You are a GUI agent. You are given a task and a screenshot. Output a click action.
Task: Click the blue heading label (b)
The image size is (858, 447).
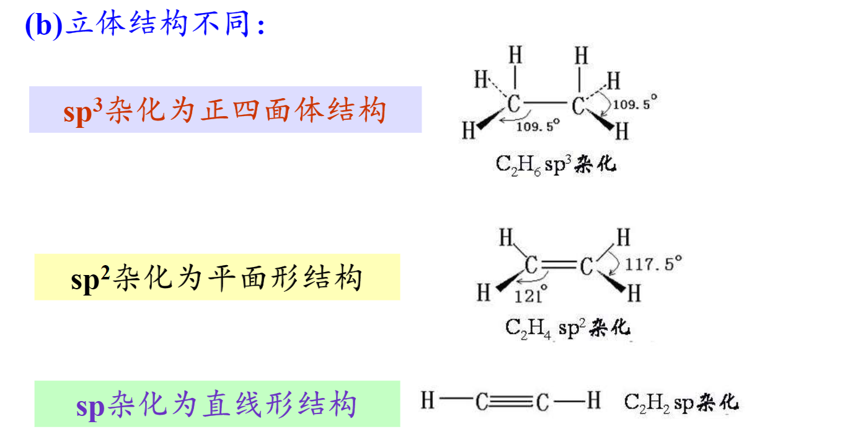(x=43, y=25)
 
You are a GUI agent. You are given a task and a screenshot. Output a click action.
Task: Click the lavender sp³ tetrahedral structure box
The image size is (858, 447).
(x=225, y=109)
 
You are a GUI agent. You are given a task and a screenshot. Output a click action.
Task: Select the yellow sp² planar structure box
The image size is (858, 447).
(x=217, y=277)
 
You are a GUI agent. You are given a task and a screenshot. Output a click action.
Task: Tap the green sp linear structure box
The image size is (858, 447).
(x=217, y=404)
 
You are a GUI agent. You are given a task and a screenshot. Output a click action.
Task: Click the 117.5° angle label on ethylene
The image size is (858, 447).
(x=653, y=264)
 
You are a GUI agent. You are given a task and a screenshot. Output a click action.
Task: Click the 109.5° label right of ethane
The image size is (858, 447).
(x=635, y=104)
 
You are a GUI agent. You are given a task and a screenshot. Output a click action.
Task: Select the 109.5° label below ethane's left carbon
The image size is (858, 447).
(x=537, y=126)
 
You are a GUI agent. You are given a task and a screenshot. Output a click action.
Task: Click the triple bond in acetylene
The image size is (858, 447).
(x=511, y=401)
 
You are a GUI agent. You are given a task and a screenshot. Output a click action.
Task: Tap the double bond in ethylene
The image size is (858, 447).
(x=559, y=264)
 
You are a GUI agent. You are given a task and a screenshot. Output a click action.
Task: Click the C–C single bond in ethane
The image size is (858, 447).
(x=546, y=103)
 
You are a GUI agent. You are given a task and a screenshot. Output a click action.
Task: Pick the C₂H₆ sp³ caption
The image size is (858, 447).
(x=556, y=165)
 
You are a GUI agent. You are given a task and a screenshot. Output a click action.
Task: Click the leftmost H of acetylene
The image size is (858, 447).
(x=428, y=400)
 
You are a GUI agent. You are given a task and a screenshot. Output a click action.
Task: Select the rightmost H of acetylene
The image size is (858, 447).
(x=594, y=400)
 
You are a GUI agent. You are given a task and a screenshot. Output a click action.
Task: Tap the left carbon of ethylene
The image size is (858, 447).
(x=531, y=264)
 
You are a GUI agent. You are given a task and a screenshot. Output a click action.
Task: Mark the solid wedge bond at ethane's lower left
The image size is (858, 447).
(x=491, y=120)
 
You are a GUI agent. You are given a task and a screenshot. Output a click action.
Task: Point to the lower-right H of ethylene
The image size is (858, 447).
(x=634, y=294)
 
